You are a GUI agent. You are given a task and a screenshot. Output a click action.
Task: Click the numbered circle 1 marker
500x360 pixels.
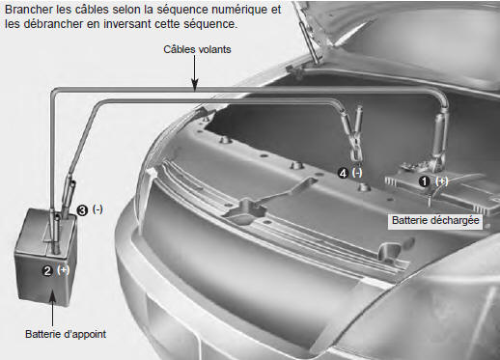(x=425, y=181)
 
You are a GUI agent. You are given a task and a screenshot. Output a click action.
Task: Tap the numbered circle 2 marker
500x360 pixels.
(x=47, y=270)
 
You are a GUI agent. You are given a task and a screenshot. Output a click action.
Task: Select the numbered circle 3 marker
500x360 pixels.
(x=82, y=210)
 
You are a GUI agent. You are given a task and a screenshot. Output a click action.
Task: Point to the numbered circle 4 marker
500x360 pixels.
(x=343, y=174)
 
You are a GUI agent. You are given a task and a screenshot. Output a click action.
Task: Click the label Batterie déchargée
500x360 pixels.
(x=435, y=221)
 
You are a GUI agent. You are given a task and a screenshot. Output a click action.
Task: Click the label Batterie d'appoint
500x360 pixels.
(x=66, y=334)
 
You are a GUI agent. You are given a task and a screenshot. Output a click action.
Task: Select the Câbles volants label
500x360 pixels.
(x=197, y=49)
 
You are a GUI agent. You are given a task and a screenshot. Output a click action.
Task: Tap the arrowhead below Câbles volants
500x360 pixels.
(x=195, y=85)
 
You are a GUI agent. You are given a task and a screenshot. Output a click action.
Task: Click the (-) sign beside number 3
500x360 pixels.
(x=97, y=209)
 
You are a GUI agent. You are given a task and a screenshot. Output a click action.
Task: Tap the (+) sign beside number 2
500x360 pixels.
(x=63, y=269)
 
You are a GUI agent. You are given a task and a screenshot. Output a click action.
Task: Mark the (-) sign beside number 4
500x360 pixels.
(x=357, y=173)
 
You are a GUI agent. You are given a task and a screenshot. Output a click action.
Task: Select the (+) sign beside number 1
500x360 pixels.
(x=441, y=181)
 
